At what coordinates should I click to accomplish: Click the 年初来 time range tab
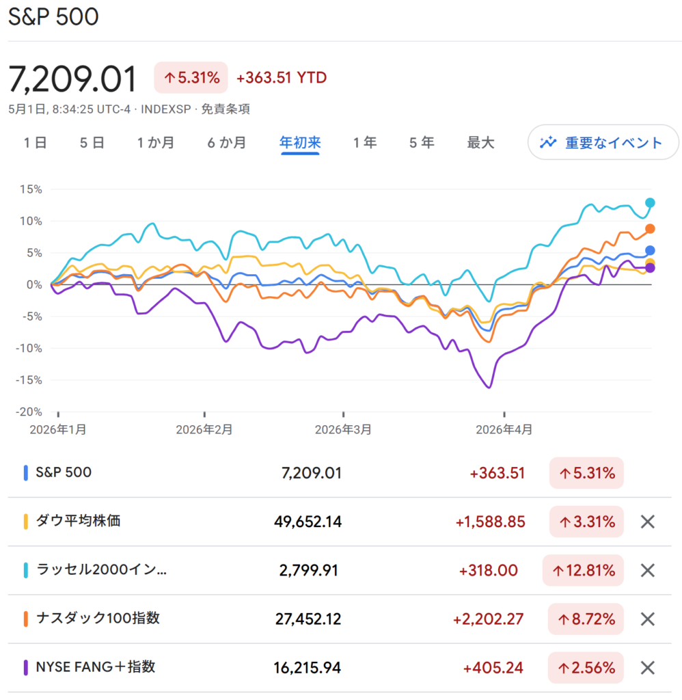tap(300, 142)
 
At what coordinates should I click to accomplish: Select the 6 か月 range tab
tap(227, 142)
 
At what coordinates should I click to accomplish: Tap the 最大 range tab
tap(480, 142)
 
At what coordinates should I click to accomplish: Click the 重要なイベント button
tap(603, 142)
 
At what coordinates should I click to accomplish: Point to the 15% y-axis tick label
tap(31, 189)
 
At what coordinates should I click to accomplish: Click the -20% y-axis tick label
tap(29, 412)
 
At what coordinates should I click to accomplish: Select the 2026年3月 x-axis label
tap(343, 429)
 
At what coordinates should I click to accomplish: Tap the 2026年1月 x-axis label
tap(58, 429)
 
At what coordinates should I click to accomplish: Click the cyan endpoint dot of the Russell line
tap(650, 202)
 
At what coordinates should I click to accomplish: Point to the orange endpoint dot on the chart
tap(650, 228)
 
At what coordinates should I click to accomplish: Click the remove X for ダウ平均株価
tap(648, 522)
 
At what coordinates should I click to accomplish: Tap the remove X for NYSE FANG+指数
tap(648, 668)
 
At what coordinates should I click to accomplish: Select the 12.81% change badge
tap(583, 570)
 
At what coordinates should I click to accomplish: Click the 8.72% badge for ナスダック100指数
tap(586, 619)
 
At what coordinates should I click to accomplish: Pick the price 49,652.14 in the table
tap(308, 522)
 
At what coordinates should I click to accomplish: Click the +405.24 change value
tap(493, 668)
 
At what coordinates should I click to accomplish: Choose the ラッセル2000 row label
tap(101, 569)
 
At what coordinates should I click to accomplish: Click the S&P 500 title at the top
tap(53, 16)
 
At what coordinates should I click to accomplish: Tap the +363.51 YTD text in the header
tap(281, 78)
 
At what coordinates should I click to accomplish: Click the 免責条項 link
tap(226, 109)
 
